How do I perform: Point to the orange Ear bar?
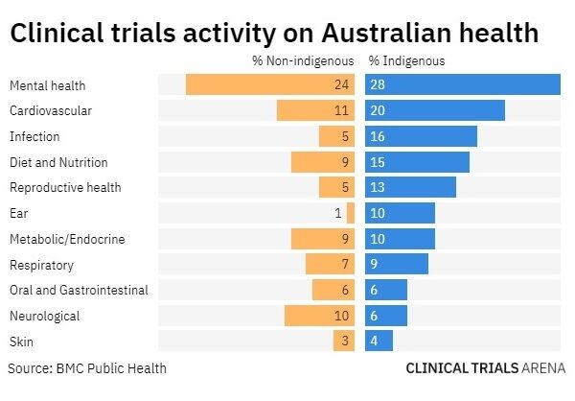click(x=351, y=213)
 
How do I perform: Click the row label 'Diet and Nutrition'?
click(x=58, y=162)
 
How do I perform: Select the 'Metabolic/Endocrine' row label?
click(x=67, y=239)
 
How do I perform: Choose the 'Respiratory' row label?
click(x=41, y=265)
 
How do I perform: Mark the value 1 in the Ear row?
click(x=338, y=213)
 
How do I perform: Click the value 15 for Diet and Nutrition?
click(x=377, y=162)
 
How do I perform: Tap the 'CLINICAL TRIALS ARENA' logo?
click(x=485, y=367)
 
